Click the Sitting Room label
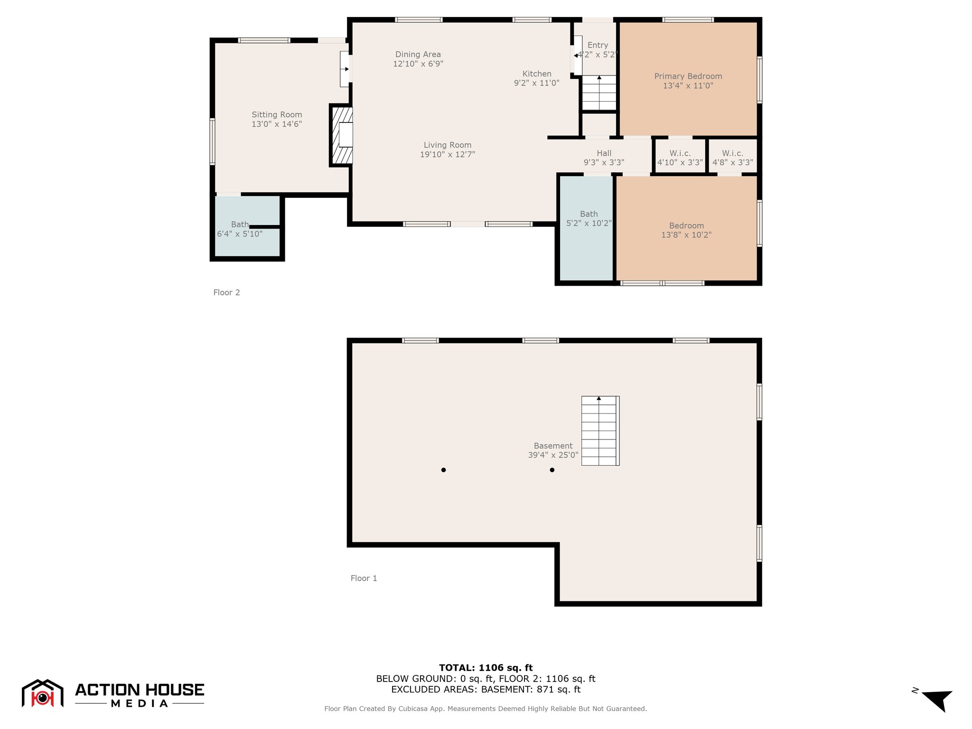click(277, 115)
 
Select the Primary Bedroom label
click(688, 76)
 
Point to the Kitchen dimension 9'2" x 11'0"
click(537, 83)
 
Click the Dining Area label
click(418, 55)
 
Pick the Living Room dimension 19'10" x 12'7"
click(448, 154)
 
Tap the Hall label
click(604, 153)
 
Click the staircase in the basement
click(600, 430)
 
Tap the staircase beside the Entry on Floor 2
click(599, 93)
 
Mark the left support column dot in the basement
click(443, 470)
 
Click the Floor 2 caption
click(226, 292)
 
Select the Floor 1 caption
click(364, 578)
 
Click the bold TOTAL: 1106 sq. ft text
click(486, 668)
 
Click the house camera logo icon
click(43, 693)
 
